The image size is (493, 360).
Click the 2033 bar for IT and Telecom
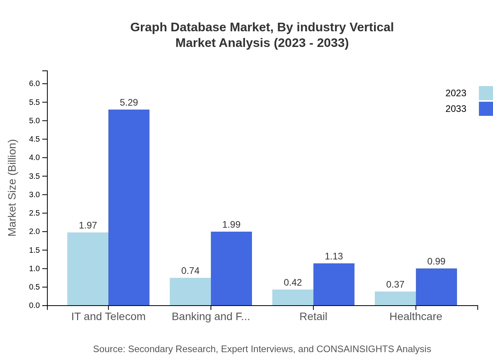click(129, 207)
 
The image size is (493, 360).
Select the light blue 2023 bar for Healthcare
click(395, 299)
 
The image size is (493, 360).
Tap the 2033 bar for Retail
click(334, 284)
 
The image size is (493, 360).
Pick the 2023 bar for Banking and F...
click(190, 292)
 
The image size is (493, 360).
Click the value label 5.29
click(129, 103)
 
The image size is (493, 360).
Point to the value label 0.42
click(293, 283)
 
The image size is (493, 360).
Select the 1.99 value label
click(231, 225)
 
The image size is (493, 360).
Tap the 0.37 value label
click(395, 284)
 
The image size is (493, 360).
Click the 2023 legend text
click(456, 93)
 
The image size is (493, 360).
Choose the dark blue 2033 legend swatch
click(486, 109)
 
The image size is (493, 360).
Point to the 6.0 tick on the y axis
click(34, 84)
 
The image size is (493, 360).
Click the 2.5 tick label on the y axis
click(34, 213)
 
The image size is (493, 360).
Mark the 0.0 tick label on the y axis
click(34, 306)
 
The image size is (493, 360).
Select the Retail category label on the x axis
click(313, 317)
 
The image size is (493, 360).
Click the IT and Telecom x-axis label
click(108, 317)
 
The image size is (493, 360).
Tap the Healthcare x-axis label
click(416, 317)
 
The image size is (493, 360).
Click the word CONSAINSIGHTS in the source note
click(354, 349)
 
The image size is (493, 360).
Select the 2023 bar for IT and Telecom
click(88, 269)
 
